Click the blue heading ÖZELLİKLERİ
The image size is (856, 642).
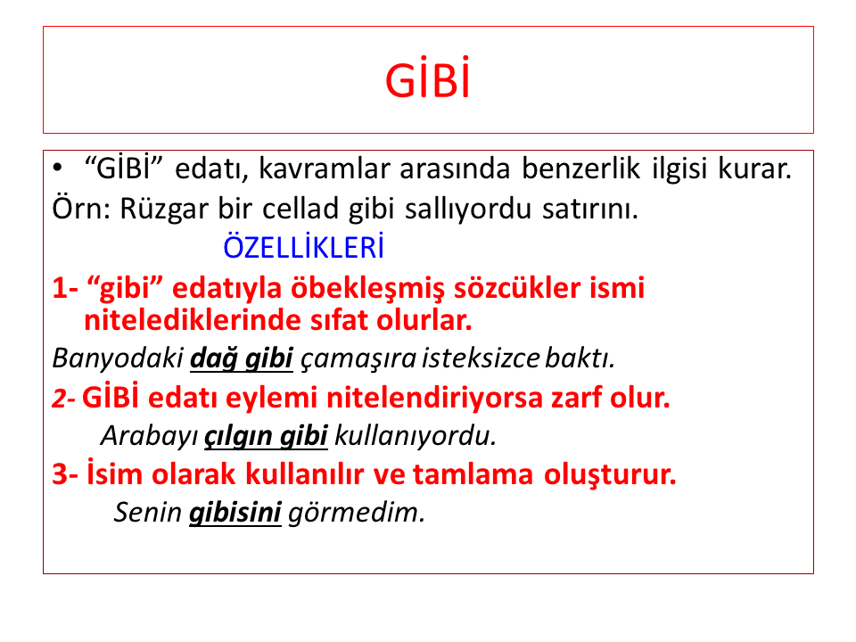click(x=303, y=247)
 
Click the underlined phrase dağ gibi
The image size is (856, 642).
click(x=242, y=358)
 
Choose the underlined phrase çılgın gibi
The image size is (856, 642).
click(x=266, y=436)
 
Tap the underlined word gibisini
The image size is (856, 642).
click(x=235, y=513)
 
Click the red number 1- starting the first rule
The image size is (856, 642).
click(x=65, y=287)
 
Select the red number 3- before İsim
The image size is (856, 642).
click(x=65, y=473)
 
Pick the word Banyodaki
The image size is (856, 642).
click(x=118, y=358)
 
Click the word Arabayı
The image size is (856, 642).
click(x=150, y=436)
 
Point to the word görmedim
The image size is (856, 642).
click(x=357, y=513)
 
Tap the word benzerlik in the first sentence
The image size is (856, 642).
click(x=580, y=169)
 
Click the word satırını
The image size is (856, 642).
click(x=590, y=209)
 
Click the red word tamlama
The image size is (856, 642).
click(x=473, y=473)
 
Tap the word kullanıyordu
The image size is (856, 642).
click(x=416, y=436)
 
